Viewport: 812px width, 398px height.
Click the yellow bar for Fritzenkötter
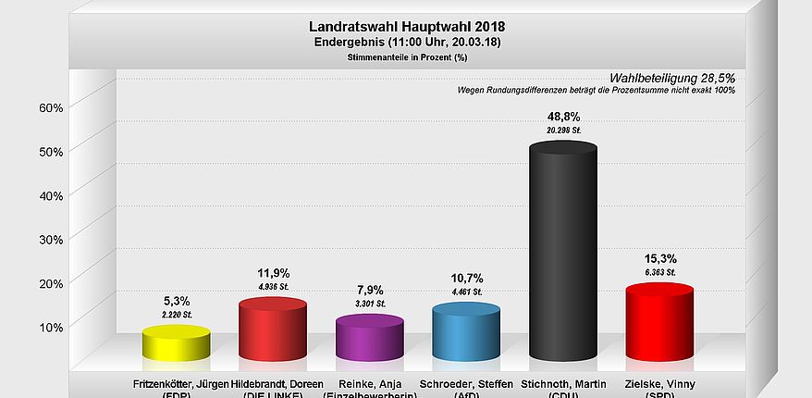point(176,343)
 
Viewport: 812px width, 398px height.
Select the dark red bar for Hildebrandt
point(272,330)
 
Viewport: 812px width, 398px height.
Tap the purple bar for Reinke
point(369,338)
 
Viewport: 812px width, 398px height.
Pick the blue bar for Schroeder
point(466,333)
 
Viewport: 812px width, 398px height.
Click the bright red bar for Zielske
point(659,323)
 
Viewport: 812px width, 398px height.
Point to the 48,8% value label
point(563,117)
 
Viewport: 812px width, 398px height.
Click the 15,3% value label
point(659,258)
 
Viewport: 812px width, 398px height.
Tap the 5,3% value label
point(176,301)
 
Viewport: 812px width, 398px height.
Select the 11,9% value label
point(272,273)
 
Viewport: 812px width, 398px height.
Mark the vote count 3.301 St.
point(369,304)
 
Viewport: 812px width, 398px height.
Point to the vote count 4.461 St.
point(466,292)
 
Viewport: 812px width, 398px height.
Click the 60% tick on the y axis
point(51,107)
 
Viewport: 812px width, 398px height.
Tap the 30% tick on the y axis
point(51,239)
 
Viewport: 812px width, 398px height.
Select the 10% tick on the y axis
point(51,327)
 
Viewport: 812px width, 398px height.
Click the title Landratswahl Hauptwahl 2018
point(407,27)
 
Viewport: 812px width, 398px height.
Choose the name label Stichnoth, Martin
point(563,383)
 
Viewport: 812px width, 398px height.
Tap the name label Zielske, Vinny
point(659,383)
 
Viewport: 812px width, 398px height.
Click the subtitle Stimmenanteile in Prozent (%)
point(407,57)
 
